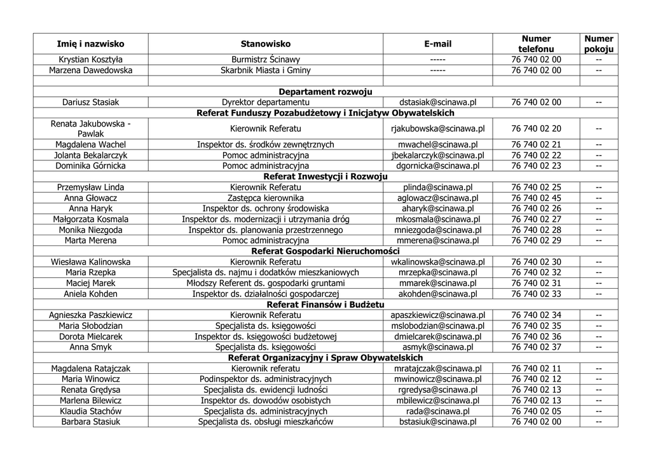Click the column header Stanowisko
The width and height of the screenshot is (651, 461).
pos(265,44)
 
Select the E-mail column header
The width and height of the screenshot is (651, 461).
pos(437,44)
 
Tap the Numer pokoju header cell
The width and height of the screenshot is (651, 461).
pos(598,44)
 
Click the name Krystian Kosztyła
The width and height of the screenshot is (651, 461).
pos(91,60)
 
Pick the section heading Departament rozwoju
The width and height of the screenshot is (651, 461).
pos(325,92)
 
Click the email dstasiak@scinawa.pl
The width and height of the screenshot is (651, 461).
pos(437,102)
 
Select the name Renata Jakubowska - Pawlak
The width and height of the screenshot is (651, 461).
pos(91,128)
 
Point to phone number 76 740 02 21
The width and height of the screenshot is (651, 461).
pos(536,144)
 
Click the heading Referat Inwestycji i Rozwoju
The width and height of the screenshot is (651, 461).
pos(325,177)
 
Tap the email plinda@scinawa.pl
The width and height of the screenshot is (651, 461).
pos(437,188)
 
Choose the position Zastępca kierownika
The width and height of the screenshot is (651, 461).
pos(265,198)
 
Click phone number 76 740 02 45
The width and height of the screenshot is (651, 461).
pos(536,198)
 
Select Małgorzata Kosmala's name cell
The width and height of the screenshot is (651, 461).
pos(91,219)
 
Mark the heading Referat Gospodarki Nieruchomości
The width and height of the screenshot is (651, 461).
pos(325,251)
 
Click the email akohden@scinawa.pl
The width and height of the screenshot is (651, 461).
pos(437,294)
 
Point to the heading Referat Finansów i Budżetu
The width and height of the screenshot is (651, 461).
pos(325,305)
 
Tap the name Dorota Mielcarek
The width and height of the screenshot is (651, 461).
pos(91,336)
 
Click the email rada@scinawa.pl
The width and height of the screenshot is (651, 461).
pos(437,411)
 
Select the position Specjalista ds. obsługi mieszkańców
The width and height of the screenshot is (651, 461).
pos(265,422)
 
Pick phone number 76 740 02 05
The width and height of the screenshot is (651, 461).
pos(536,411)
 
